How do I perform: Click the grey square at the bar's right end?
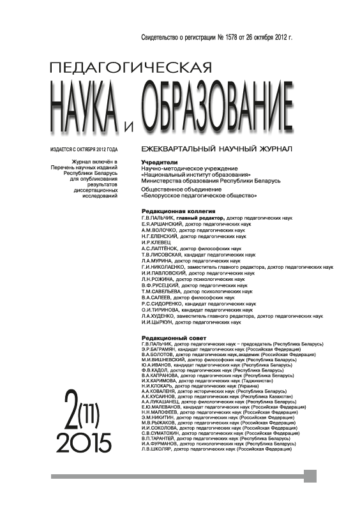[x=310, y=476]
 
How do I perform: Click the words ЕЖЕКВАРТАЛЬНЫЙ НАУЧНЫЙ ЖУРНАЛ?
[x=217, y=149]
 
